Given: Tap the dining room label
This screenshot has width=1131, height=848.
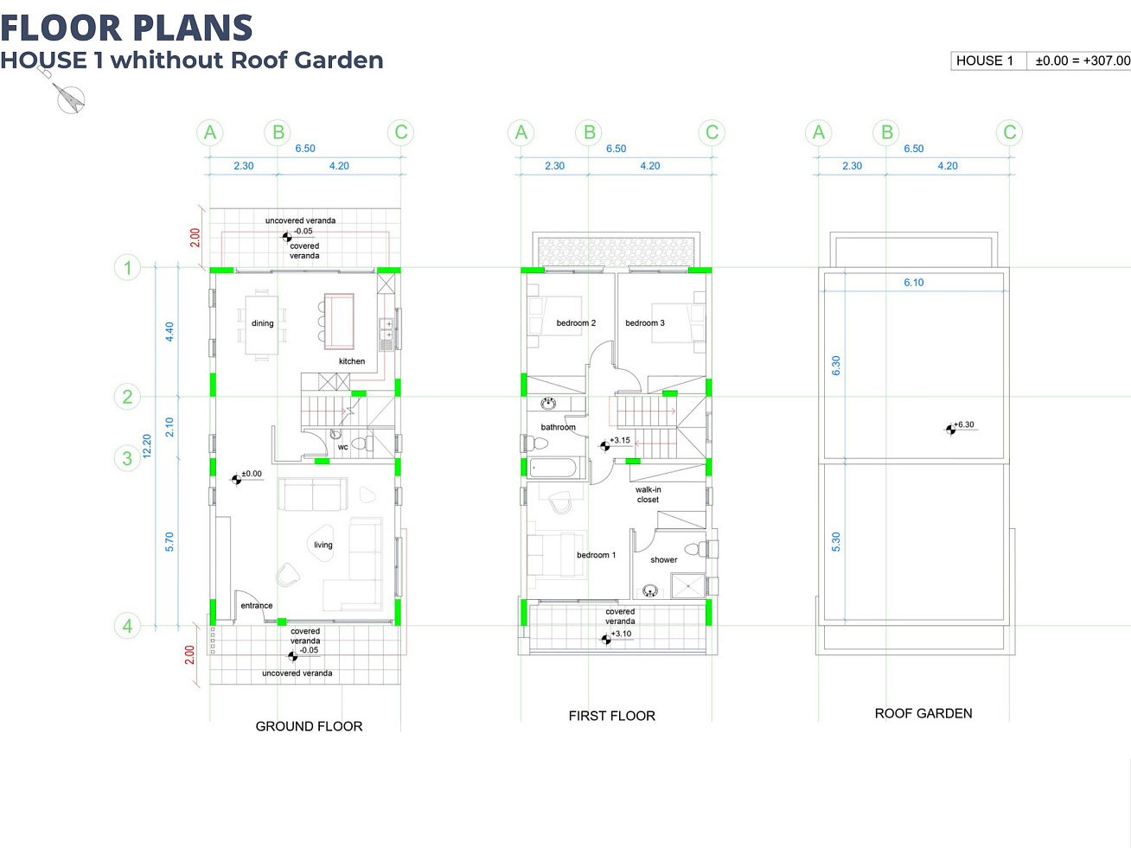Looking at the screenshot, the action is click(262, 323).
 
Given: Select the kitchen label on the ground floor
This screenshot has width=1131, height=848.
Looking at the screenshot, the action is click(352, 361).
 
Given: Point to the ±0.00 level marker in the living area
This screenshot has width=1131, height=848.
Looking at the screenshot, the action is click(237, 480).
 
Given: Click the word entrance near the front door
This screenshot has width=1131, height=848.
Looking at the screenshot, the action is click(257, 605).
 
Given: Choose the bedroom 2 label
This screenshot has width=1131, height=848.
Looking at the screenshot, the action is click(576, 322).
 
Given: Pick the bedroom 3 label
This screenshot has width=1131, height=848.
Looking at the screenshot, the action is click(645, 322).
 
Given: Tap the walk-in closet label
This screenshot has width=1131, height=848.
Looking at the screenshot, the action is click(649, 494).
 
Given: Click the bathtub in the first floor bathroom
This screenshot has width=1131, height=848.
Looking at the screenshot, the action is click(553, 468).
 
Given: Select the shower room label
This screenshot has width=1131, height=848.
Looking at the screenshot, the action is click(664, 559).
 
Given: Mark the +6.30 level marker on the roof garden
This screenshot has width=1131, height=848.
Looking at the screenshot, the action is click(950, 429).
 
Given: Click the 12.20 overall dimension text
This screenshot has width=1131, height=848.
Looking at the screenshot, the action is click(147, 446).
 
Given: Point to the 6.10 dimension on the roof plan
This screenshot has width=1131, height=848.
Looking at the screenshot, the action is click(914, 282).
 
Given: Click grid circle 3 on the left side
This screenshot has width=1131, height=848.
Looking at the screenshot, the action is click(127, 458).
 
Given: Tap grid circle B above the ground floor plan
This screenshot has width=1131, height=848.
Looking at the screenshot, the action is click(278, 132).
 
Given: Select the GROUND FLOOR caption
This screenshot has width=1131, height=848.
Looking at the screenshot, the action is click(310, 726).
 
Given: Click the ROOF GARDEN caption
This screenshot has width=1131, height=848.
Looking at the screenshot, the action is click(923, 714).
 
